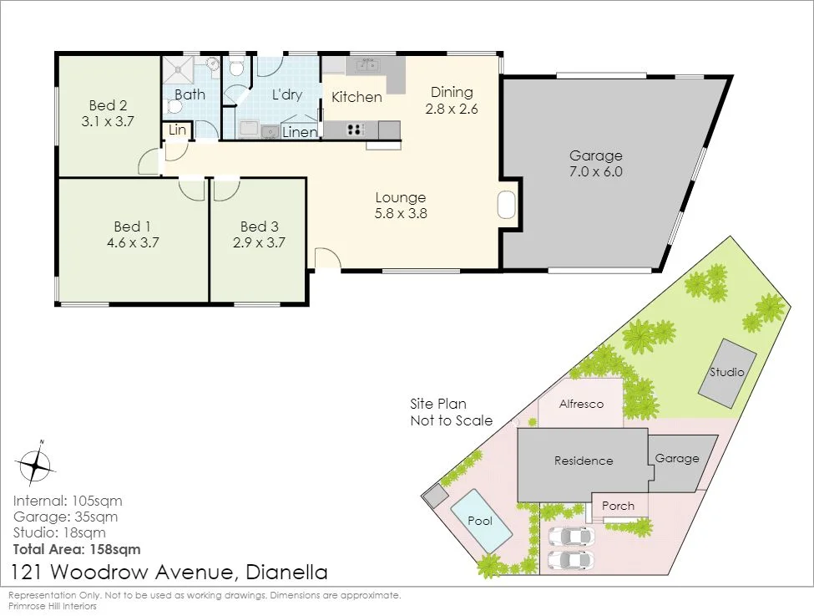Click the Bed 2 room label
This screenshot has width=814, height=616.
pos(108,105)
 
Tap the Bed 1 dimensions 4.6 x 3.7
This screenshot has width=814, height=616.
pos(133,242)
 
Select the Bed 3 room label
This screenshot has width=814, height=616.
pos(259,227)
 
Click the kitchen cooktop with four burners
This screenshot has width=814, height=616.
pos(356,129)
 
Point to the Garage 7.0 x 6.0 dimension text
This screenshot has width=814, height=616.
pos(596,171)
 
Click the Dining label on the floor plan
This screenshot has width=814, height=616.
pos(452,93)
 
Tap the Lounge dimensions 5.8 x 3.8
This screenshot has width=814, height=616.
pos(401,213)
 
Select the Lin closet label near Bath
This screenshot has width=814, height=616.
pos(177,130)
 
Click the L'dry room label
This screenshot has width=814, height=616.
pos(287,94)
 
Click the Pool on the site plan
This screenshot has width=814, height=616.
pos(481,522)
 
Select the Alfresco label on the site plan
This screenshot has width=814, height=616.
pos(581,404)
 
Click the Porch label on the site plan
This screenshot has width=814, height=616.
pos(618,506)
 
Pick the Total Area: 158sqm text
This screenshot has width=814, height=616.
pos(77,549)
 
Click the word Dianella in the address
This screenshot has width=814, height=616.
pos(286,572)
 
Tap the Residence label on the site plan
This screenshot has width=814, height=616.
pos(584,461)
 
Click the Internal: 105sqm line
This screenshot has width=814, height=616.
pos(68,501)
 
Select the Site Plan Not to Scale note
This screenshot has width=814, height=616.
pos(451,412)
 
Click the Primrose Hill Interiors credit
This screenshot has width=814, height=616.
pos(53,606)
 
